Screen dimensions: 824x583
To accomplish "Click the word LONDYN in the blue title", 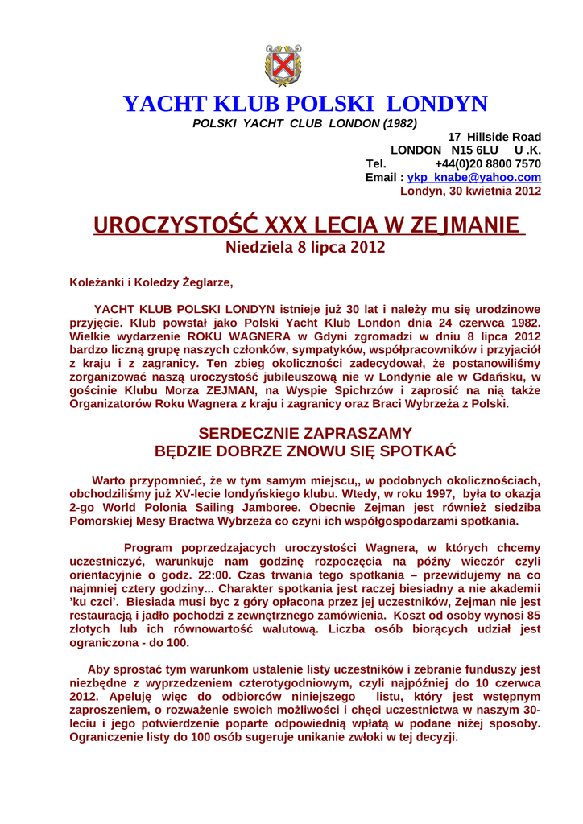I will [x=436, y=104].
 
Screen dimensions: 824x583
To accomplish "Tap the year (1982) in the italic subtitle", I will [x=399, y=123].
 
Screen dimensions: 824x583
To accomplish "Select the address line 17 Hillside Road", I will [x=494, y=137].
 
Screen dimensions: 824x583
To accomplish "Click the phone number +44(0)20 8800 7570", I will [x=487, y=164].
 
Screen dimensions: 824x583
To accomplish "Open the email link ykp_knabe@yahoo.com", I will [x=473, y=177].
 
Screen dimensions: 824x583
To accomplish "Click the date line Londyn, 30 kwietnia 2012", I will [x=470, y=191].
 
